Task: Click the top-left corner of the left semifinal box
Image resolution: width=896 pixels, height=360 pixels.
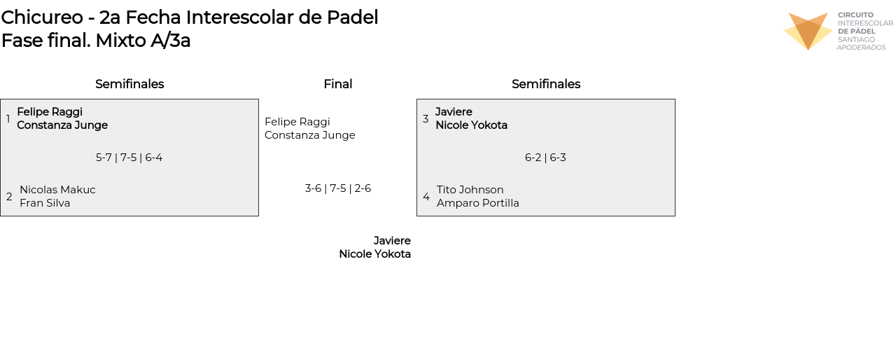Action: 1,99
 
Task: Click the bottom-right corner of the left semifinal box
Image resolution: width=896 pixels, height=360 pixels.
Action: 258,216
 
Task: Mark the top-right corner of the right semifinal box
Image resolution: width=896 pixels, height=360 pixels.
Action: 675,99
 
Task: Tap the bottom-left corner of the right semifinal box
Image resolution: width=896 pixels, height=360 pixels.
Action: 416,216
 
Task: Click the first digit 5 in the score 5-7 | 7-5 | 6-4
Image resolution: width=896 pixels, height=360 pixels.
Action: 99,158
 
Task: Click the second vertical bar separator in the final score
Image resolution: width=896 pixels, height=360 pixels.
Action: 350,188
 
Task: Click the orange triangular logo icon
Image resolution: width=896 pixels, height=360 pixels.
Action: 808,32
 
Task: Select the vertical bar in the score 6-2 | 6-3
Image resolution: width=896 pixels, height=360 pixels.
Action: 545,158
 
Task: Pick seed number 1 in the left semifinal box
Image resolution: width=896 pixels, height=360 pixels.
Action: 8,119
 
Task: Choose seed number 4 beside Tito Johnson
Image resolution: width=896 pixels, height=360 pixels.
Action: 426,196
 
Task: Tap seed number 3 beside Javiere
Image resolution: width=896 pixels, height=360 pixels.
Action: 426,119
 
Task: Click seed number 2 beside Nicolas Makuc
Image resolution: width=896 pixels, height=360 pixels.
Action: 9,196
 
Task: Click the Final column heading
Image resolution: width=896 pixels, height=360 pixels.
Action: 338,84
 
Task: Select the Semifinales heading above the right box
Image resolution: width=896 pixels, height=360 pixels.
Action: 546,84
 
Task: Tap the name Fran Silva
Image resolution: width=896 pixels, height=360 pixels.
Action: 45,203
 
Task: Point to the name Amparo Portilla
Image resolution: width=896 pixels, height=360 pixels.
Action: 478,203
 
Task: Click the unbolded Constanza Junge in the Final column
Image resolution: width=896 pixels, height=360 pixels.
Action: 310,135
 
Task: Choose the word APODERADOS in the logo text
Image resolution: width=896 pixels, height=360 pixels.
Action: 861,47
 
